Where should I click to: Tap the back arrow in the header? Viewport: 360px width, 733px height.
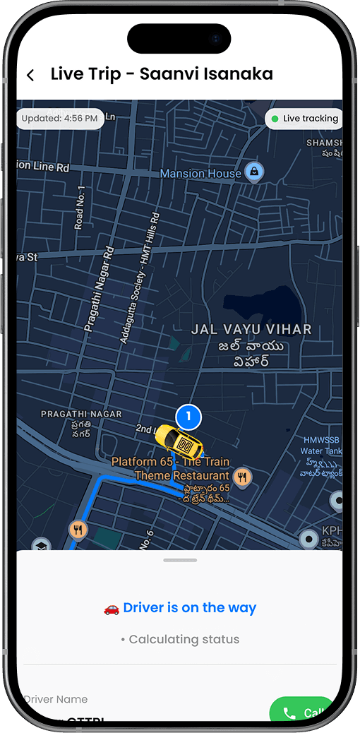click(30, 76)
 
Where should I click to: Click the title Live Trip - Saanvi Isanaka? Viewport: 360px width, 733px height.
click(162, 74)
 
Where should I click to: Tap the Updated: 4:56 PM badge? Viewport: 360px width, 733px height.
click(60, 119)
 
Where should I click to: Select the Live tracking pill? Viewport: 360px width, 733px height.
click(304, 119)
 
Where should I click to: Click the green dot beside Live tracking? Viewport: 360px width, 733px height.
click(275, 119)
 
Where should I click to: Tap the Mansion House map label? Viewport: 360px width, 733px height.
click(201, 173)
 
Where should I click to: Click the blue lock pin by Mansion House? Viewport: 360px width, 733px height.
click(254, 171)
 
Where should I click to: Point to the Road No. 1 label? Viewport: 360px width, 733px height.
click(80, 208)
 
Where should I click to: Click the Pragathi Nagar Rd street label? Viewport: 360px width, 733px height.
click(99, 290)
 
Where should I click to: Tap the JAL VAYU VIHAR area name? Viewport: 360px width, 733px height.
click(251, 330)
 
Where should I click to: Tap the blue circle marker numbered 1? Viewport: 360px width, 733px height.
click(188, 417)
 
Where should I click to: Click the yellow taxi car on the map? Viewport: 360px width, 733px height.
click(179, 443)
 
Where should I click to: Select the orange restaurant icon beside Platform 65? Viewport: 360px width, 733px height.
click(243, 477)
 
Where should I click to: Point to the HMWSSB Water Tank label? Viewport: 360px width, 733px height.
click(321, 446)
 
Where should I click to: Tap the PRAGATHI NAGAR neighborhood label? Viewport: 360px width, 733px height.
click(81, 414)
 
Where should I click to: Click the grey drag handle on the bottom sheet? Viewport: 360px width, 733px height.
click(179, 560)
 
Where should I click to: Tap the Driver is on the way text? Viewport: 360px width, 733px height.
click(189, 608)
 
